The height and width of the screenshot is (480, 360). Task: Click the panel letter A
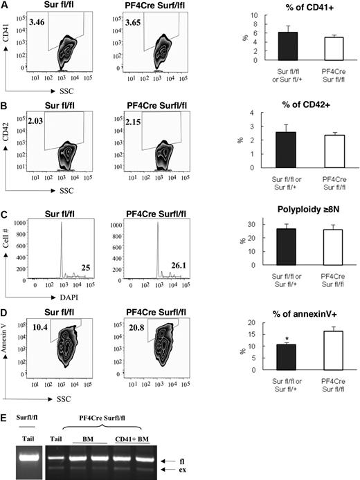click(5, 5)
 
